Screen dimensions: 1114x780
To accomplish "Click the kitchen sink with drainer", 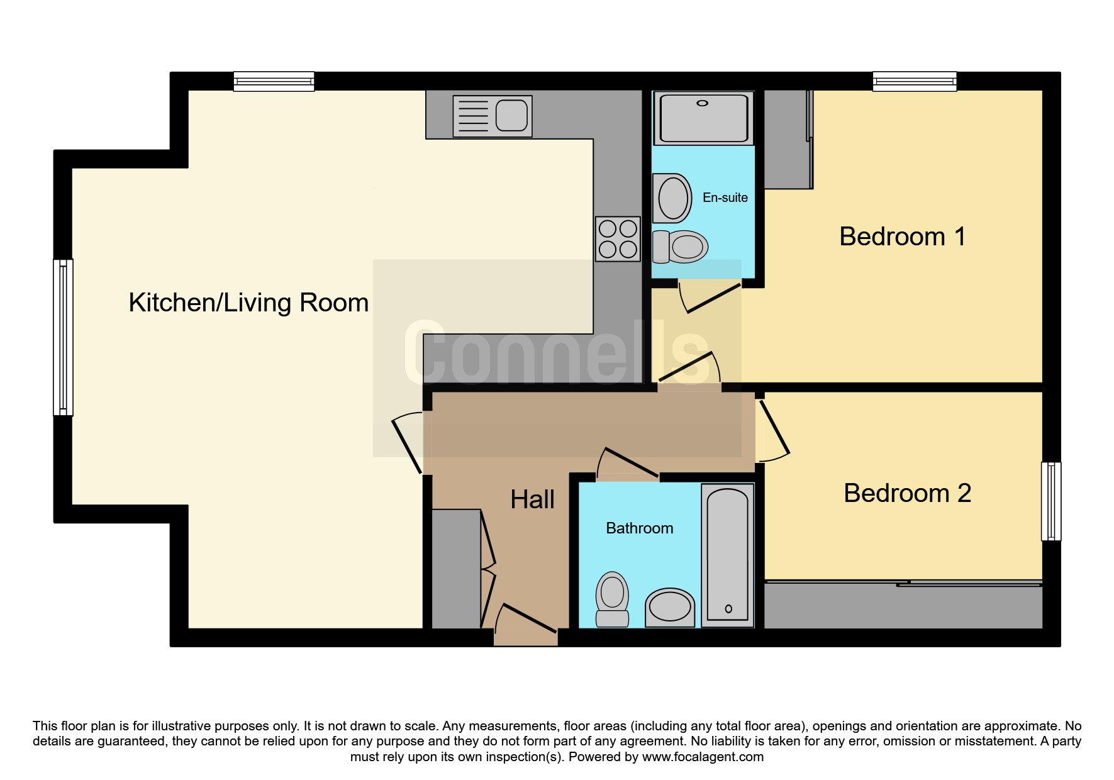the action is (x=493, y=116).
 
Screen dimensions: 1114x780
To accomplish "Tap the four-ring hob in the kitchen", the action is (x=618, y=239).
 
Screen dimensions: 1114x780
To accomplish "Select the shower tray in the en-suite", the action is (x=703, y=118).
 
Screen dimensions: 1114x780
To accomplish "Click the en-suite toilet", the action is (x=680, y=247).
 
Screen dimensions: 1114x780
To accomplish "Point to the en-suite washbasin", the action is (x=672, y=198).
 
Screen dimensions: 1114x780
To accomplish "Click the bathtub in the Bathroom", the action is (x=728, y=555).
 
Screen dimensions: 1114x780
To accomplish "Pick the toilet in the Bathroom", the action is (x=612, y=599).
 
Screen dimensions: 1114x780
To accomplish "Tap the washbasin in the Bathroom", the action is (x=670, y=608).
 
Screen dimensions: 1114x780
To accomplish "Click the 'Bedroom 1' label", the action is (x=902, y=237).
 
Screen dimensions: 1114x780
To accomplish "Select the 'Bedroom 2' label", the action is (x=907, y=493).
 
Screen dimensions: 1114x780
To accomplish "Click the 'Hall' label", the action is (x=532, y=499).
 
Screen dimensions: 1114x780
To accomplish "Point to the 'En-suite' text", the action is (x=725, y=198).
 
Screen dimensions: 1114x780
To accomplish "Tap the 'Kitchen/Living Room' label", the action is (x=248, y=303).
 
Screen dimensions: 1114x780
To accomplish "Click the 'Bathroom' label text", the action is (x=639, y=528).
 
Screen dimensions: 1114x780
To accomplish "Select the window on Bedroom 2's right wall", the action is (x=1051, y=501).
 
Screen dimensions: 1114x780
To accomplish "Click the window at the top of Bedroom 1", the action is (x=915, y=81).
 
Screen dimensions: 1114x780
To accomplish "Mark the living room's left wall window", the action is (x=63, y=337).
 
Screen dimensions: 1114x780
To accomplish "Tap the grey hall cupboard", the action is (x=456, y=569).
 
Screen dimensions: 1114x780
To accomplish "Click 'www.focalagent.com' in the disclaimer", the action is (x=703, y=757).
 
